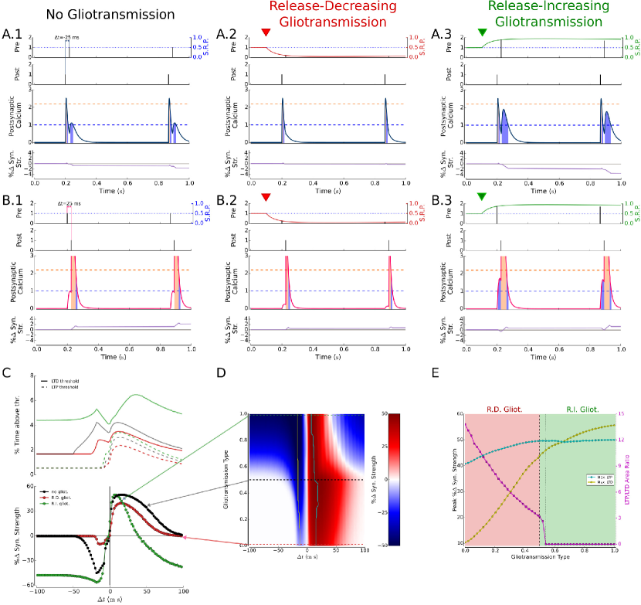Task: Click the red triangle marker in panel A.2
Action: pos(266,32)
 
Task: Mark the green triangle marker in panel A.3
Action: pos(482,32)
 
